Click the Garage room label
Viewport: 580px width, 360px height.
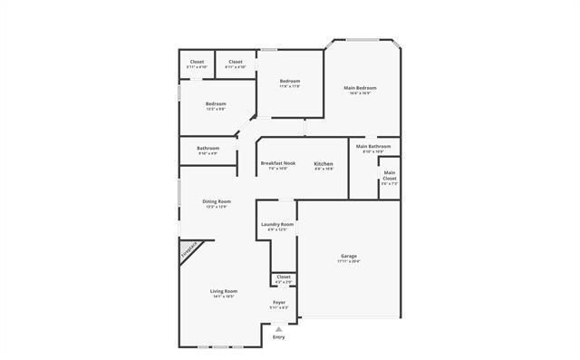pos(349,257)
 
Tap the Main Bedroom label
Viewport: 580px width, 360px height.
pos(360,88)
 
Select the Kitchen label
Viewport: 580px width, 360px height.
pos(324,163)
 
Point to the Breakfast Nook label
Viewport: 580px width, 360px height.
pos(278,163)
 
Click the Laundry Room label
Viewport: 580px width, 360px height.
pos(277,224)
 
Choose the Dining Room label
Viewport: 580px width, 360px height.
pos(217,201)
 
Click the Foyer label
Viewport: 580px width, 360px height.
pos(279,302)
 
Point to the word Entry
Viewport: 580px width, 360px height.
pos(278,337)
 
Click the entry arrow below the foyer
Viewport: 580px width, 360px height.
pos(278,329)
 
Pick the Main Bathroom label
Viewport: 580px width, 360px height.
pos(373,146)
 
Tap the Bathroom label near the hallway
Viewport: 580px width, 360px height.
pos(208,148)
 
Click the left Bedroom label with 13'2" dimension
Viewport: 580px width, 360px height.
pos(215,104)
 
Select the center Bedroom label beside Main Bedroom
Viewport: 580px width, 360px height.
pos(289,82)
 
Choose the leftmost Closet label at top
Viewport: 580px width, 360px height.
pos(197,63)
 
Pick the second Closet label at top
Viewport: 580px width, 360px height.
pos(235,63)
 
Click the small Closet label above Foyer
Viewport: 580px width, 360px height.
pos(283,276)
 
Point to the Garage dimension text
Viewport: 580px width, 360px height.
pos(349,262)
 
